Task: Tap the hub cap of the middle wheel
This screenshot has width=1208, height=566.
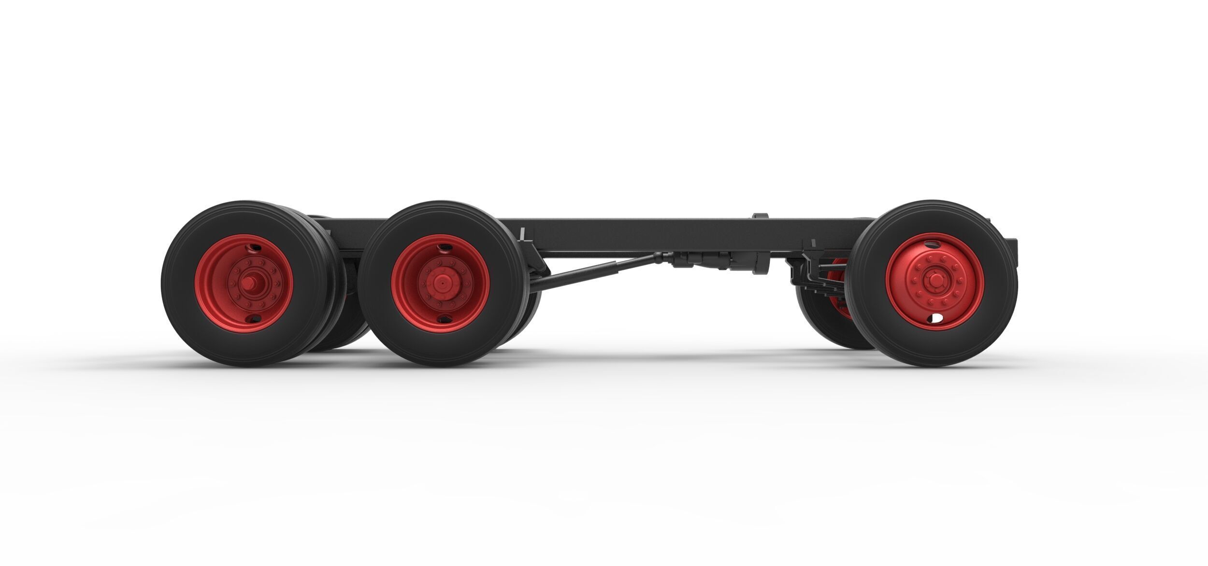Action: click(x=440, y=283)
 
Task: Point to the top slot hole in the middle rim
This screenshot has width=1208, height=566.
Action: click(x=443, y=248)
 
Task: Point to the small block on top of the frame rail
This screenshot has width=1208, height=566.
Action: click(x=760, y=216)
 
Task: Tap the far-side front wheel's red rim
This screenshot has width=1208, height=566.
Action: click(x=838, y=290)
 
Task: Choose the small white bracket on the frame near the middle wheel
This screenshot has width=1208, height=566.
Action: click(x=522, y=235)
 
